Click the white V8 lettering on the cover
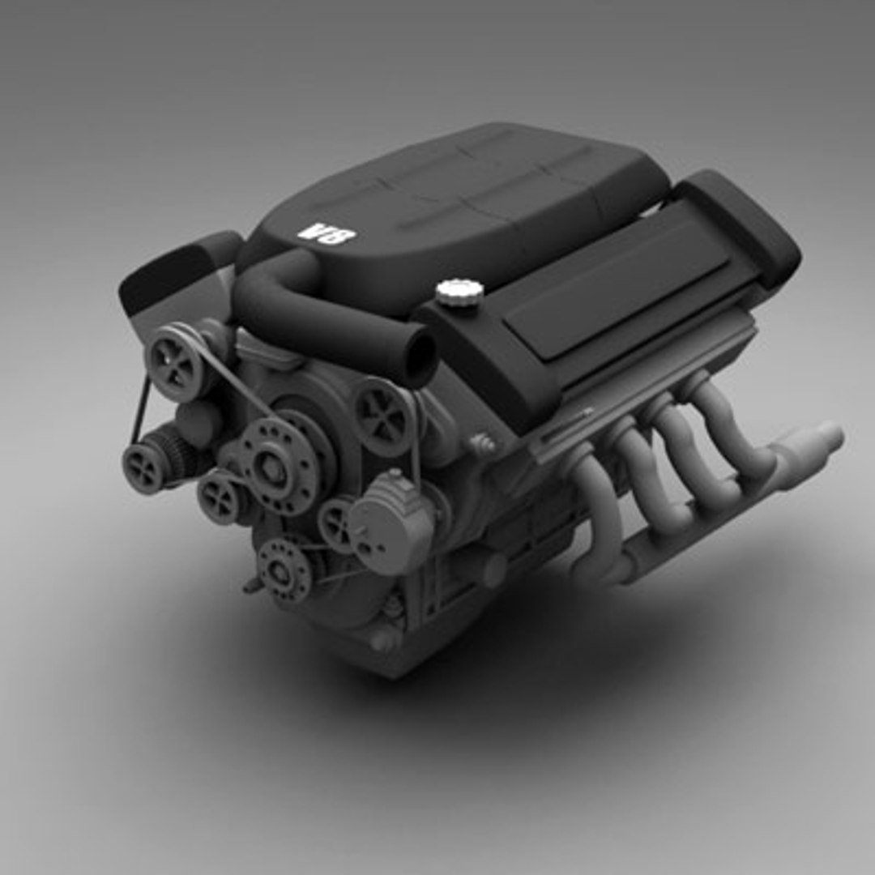click(x=327, y=234)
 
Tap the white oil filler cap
click(x=459, y=292)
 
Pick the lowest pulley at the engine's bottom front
click(x=284, y=570)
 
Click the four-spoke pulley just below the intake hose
click(x=383, y=416)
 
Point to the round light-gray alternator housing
click(x=391, y=523)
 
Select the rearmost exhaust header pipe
click(x=733, y=429)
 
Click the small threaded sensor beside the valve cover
click(x=483, y=443)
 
